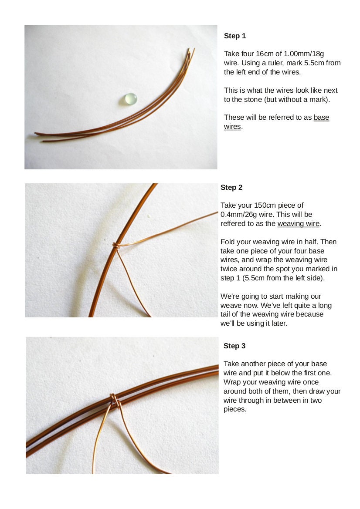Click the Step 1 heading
pyautogui.click(x=235, y=36)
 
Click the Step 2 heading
pyautogui.click(x=231, y=188)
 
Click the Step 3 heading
pyautogui.click(x=234, y=346)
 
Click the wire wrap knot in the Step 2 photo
pyautogui.click(x=115, y=246)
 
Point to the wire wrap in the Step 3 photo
pyautogui.click(x=113, y=400)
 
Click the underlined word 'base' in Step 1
pyautogui.click(x=321, y=118)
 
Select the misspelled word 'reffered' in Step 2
pyautogui.click(x=234, y=224)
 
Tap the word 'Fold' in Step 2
pyautogui.click(x=228, y=242)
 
